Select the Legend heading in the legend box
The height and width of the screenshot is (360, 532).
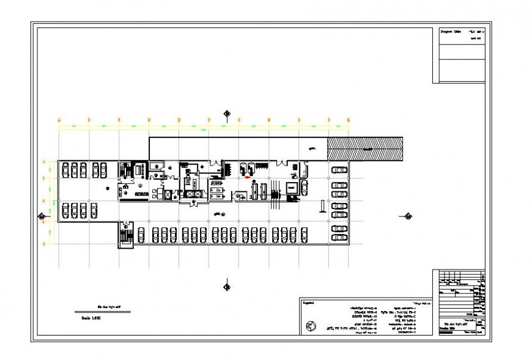[309, 303]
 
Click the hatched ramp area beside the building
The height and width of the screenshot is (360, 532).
[365, 149]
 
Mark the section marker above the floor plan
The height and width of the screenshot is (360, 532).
[227, 113]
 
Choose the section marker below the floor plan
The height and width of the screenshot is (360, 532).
[227, 285]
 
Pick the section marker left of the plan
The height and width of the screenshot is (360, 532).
[41, 216]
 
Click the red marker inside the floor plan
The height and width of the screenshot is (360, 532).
[247, 177]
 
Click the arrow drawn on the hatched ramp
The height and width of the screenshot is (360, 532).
[367, 149]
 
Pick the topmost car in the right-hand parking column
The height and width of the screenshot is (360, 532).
[339, 169]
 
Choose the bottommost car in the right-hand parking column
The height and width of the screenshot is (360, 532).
[339, 238]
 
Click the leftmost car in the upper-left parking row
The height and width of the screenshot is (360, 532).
[65, 170]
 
